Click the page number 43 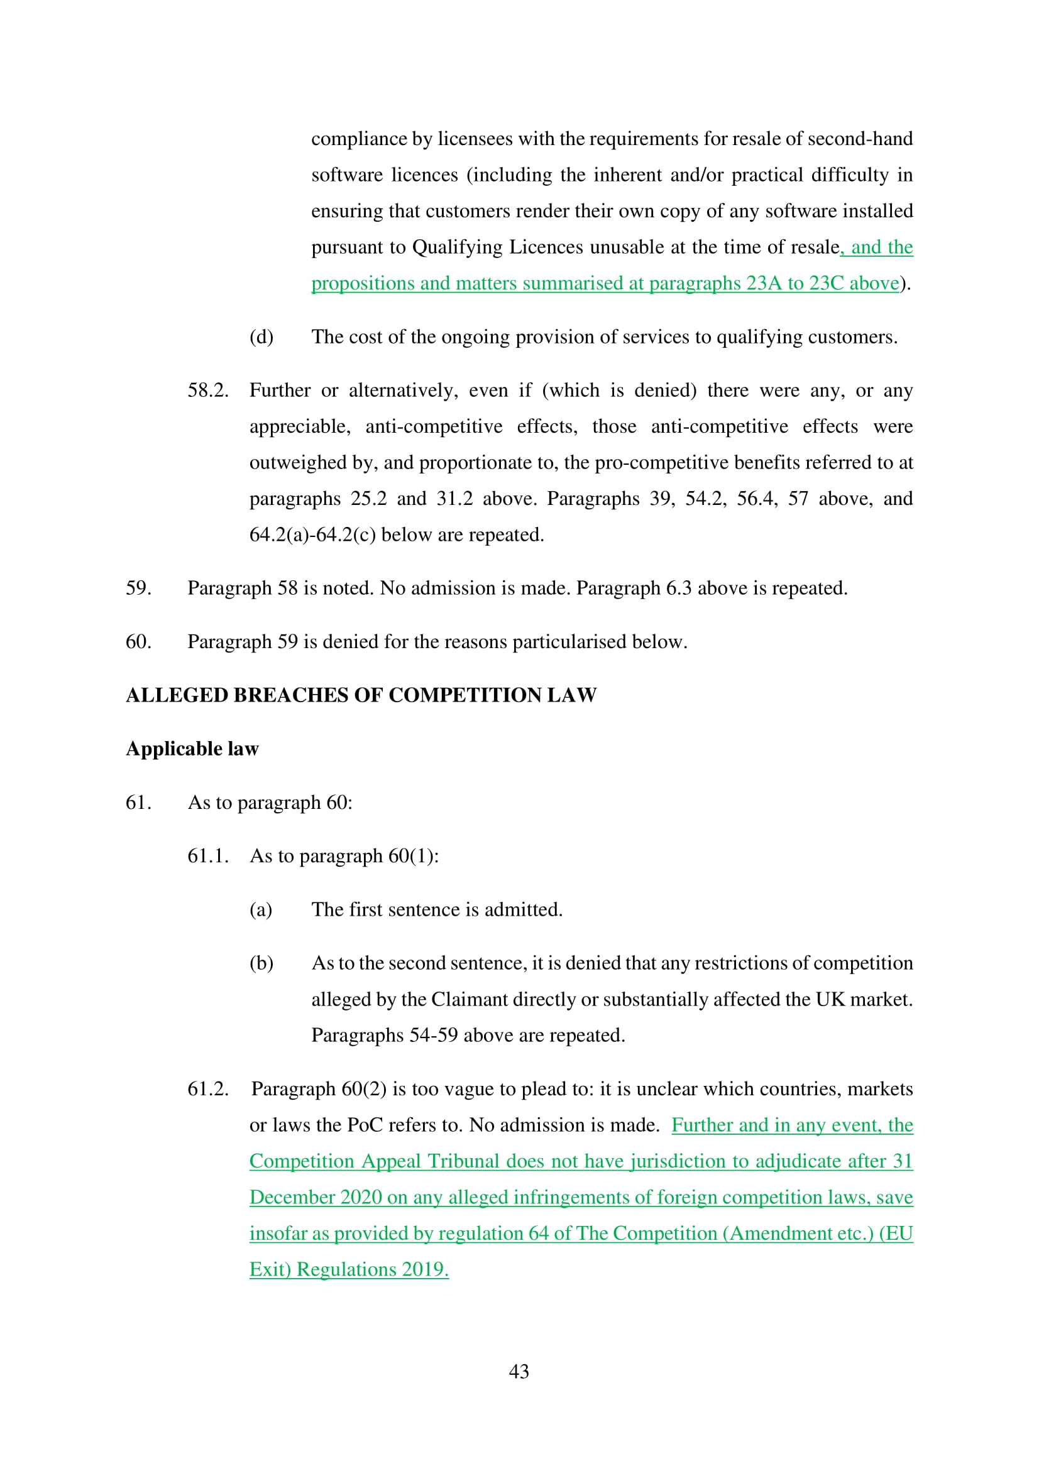click(x=519, y=1371)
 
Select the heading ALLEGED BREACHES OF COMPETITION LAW click(x=361, y=695)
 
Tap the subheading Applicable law click(x=192, y=749)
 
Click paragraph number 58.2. click(x=207, y=390)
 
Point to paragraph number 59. click(x=138, y=588)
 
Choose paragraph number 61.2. click(x=207, y=1089)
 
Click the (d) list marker click(x=261, y=337)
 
